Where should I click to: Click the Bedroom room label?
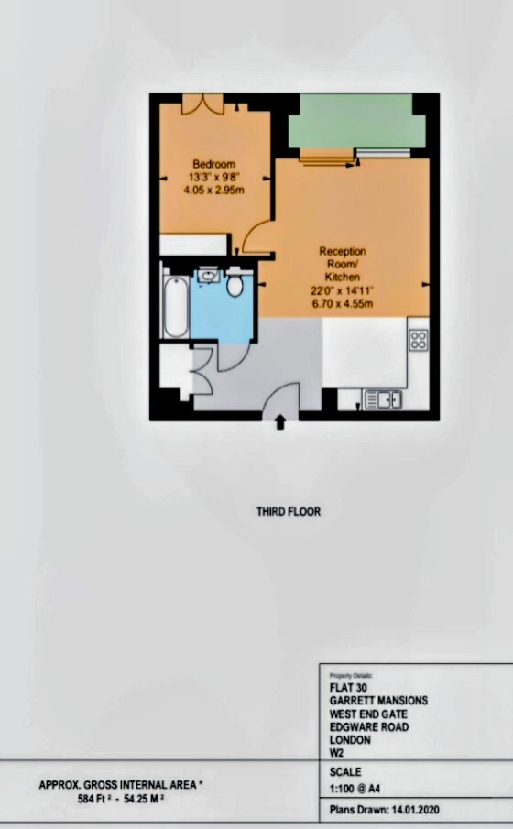[x=213, y=164]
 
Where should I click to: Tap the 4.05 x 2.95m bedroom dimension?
[x=213, y=190]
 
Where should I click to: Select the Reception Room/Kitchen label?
[x=343, y=264]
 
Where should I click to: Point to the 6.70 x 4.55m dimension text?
[x=343, y=303]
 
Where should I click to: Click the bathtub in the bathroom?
[x=176, y=303]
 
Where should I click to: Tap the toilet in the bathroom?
[x=235, y=282]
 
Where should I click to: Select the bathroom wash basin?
[x=208, y=276]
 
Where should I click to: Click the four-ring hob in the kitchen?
[x=419, y=340]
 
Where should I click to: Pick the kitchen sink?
[x=382, y=399]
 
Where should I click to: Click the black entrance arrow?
[x=280, y=422]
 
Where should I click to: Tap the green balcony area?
[x=356, y=122]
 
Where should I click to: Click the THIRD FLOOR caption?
[x=289, y=512]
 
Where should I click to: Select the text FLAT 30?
[x=348, y=688]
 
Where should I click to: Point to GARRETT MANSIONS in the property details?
[x=378, y=701]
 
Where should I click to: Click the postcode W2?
[x=336, y=753]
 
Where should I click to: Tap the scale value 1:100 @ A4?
[x=355, y=790]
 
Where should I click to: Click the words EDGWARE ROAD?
[x=369, y=727]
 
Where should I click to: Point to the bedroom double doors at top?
[x=202, y=104]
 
